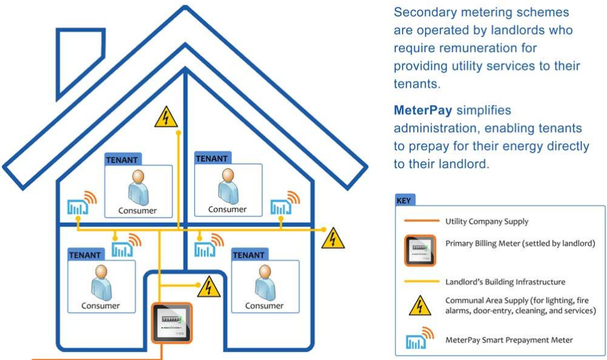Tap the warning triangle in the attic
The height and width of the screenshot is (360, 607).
[x=166, y=118]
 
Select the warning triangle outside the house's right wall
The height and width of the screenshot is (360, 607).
[x=333, y=239]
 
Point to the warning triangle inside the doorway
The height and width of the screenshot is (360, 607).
[x=209, y=286]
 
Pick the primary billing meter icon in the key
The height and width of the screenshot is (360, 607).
[x=420, y=250]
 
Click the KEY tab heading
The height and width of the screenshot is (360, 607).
[x=404, y=200]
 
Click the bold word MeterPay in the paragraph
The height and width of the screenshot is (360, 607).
[x=423, y=110]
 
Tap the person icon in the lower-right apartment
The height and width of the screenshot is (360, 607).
[x=264, y=284]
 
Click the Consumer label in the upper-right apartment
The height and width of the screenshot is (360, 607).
[x=228, y=209]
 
